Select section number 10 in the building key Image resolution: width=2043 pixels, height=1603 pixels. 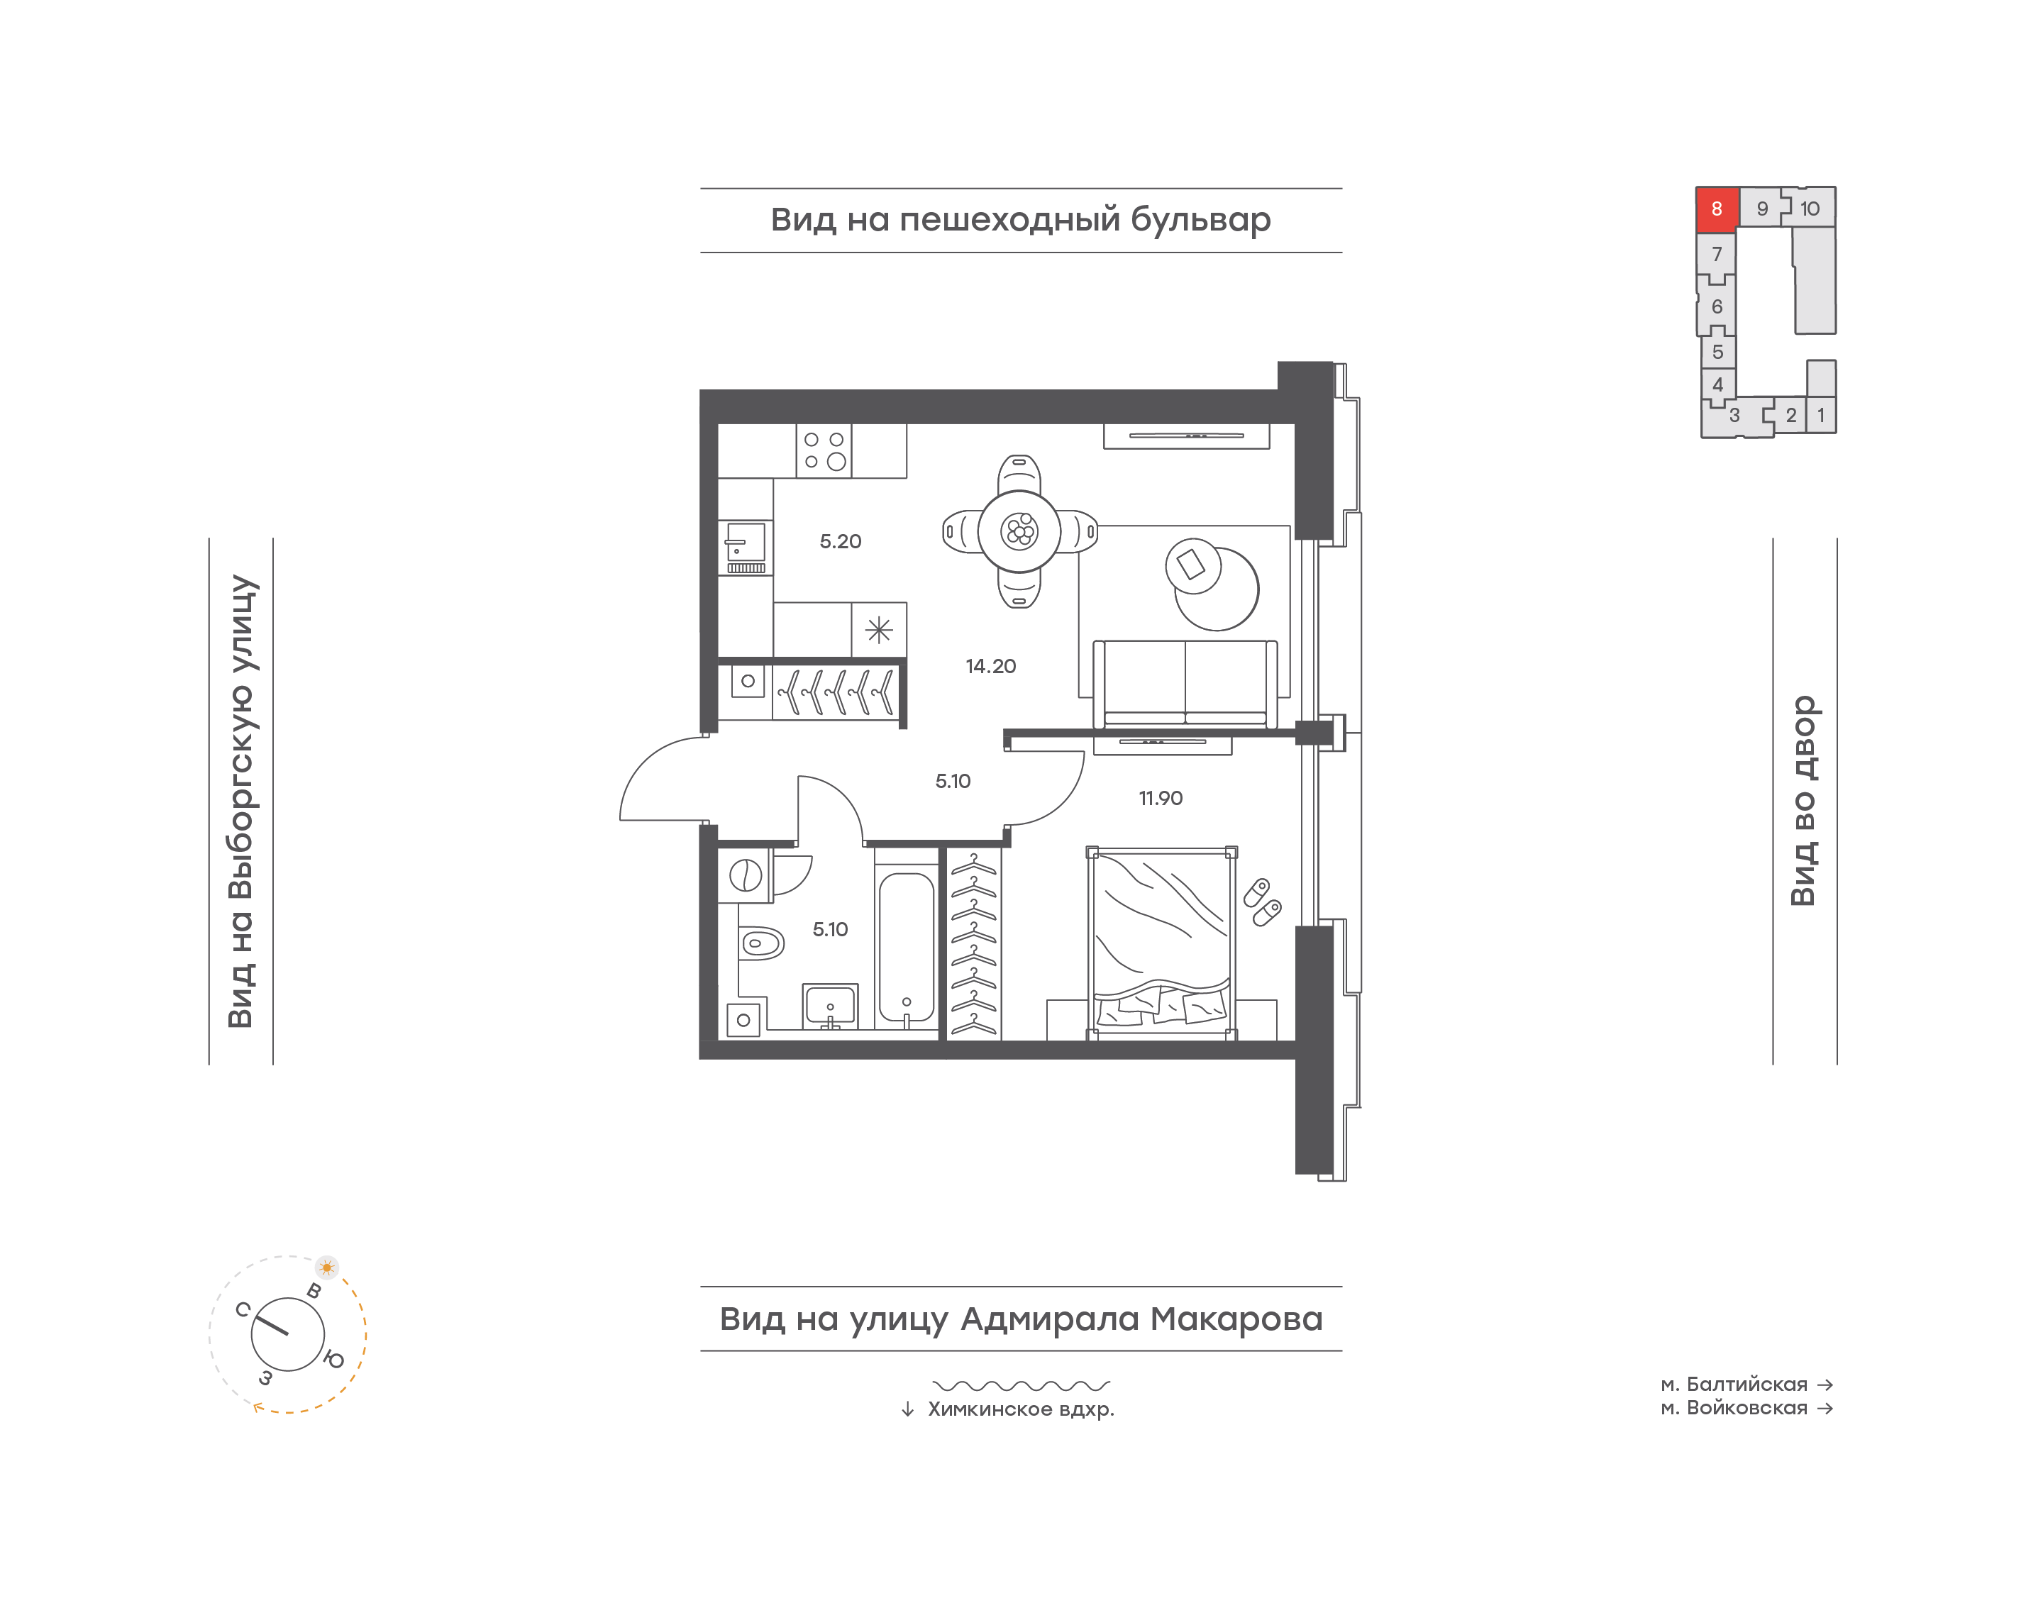click(x=1810, y=209)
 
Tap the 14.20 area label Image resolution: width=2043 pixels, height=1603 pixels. click(x=990, y=666)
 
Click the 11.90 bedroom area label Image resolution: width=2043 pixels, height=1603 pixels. click(x=1160, y=799)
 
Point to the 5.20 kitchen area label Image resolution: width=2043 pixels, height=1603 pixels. click(x=840, y=541)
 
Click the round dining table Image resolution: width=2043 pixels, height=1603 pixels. click(x=1019, y=531)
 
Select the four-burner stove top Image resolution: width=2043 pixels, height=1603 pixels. click(x=824, y=450)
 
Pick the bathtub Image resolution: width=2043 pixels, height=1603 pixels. click(x=906, y=947)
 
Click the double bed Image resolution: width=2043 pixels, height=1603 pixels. click(x=1161, y=943)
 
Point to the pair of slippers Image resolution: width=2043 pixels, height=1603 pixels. click(x=1262, y=902)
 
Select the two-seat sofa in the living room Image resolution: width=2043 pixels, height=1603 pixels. click(x=1185, y=683)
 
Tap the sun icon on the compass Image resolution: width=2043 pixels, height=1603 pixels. click(x=326, y=1267)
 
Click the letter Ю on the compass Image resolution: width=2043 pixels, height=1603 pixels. click(x=334, y=1359)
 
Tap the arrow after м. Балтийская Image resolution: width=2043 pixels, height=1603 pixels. click(x=1825, y=1385)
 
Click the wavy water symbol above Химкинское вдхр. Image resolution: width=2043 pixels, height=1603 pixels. click(x=1021, y=1385)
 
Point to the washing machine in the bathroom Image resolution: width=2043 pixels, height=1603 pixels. click(x=745, y=876)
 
